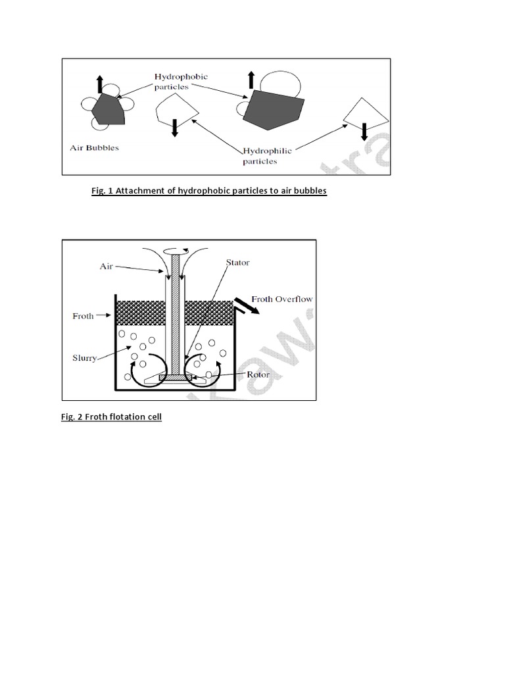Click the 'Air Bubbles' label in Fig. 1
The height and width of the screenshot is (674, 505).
(95, 148)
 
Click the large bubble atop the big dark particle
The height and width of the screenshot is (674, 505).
(281, 84)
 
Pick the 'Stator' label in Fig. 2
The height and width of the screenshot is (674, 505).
(237, 263)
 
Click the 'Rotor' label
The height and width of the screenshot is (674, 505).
(258, 375)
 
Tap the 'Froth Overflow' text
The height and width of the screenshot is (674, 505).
(285, 298)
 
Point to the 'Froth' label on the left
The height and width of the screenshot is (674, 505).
(83, 315)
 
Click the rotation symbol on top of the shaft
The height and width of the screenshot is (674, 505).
(175, 251)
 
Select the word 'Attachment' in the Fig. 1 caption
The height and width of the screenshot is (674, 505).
(135, 191)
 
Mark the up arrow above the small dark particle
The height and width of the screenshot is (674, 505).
(100, 84)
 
